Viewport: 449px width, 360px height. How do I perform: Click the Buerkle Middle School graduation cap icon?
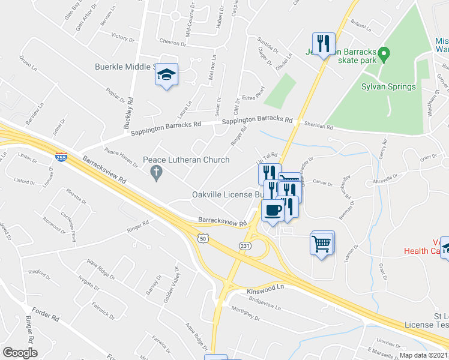(167, 75)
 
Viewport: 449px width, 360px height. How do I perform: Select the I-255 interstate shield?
(61, 157)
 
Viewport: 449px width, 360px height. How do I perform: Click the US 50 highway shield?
(203, 238)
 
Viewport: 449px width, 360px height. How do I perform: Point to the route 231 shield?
(244, 246)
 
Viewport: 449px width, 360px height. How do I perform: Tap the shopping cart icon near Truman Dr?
(322, 244)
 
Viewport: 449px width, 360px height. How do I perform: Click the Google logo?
(20, 352)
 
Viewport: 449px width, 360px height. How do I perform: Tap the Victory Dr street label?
(122, 37)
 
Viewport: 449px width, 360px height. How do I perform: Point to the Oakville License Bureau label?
(228, 194)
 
